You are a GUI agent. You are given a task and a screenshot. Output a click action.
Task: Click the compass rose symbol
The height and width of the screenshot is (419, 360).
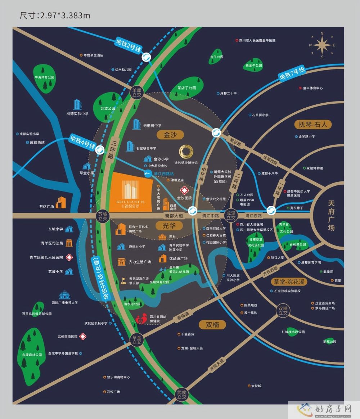(x=322, y=45)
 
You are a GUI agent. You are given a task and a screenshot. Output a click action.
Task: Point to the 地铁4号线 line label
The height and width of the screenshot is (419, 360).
(x=82, y=142)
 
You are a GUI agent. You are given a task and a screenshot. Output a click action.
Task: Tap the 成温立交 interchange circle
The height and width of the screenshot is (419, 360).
(x=230, y=216)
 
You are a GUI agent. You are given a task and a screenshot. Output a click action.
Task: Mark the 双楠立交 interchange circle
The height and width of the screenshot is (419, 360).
(x=283, y=311)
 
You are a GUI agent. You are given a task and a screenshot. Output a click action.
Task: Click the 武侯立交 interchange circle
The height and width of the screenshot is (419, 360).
(x=182, y=395)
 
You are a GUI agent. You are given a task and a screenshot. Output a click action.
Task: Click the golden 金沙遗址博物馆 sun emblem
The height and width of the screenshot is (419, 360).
(x=186, y=152)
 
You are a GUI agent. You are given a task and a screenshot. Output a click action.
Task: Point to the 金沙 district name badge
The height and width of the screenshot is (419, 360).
(x=171, y=135)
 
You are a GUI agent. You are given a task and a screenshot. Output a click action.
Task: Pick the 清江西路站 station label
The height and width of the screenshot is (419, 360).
(x=163, y=174)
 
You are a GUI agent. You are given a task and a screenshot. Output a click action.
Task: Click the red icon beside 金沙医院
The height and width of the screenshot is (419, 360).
(x=185, y=190)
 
